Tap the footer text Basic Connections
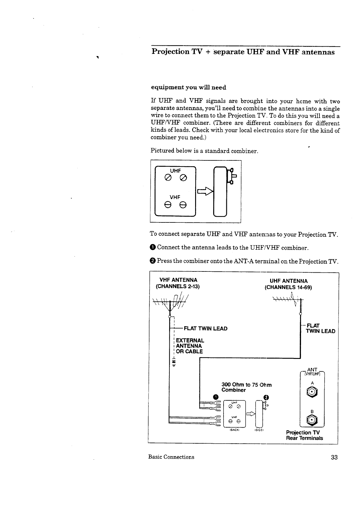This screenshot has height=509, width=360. coord(171,457)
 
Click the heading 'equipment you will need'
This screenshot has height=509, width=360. coord(188,87)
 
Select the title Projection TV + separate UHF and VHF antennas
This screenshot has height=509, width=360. coord(243,52)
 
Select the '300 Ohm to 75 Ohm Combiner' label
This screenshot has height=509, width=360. coord(246,387)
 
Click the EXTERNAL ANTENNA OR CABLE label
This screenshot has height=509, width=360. coord(190,346)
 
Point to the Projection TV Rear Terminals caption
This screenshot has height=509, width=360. coord(304,435)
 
